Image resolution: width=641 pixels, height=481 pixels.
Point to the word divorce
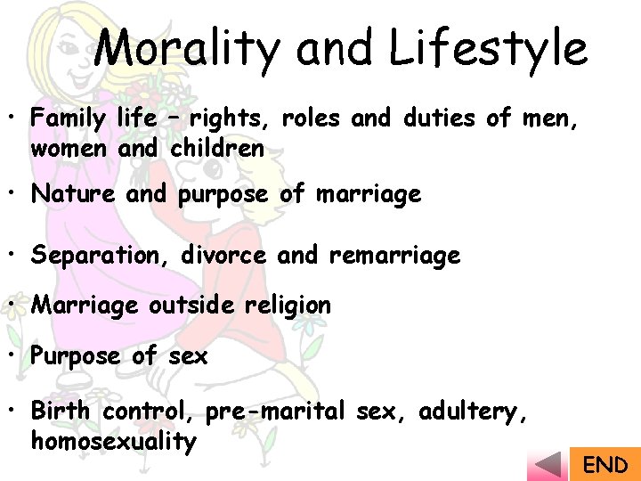point(223,257)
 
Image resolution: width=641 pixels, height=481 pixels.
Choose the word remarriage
point(394,257)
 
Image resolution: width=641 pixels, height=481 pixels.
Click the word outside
point(192,306)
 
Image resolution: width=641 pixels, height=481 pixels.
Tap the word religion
point(285,306)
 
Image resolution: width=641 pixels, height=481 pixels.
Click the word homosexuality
point(113,441)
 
